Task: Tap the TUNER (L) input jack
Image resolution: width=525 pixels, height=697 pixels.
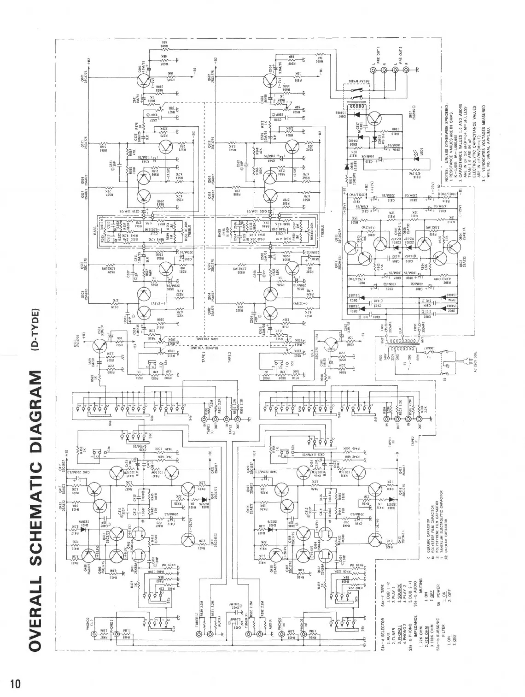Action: [x=199, y=635]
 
